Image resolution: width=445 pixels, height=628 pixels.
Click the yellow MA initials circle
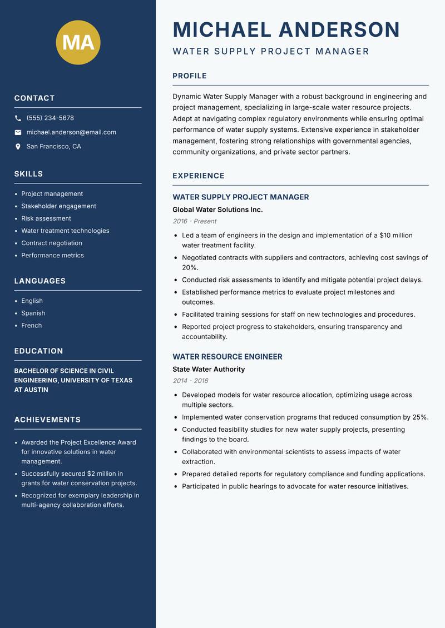point(78,42)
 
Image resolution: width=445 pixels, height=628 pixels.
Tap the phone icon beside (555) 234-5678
point(18,118)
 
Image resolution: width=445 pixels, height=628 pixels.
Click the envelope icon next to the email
point(18,132)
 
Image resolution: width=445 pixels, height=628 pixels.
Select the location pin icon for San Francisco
point(18,147)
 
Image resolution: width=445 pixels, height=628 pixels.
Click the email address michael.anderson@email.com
point(71,132)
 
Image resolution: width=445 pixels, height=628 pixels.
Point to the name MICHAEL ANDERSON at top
point(286,30)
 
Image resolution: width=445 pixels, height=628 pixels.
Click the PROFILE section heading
point(189,76)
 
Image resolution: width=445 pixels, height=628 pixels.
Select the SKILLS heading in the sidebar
point(28,174)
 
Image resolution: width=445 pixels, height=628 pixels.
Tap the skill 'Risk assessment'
point(46,218)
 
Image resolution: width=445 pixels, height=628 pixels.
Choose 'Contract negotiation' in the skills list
point(52,243)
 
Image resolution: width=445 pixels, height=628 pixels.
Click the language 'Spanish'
point(33,313)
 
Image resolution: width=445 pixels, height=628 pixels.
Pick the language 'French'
point(32,325)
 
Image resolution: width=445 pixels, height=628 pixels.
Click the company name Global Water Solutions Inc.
point(217,210)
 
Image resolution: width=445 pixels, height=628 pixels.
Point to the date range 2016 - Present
point(194,221)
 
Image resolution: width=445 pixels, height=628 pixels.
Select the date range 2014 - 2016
point(190,381)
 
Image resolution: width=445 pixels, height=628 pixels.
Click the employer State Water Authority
point(209,369)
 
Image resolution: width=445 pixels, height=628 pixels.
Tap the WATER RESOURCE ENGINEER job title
point(228,357)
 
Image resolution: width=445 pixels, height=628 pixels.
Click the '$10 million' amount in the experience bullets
point(395,235)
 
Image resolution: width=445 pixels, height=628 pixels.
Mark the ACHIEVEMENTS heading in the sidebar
point(47,420)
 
